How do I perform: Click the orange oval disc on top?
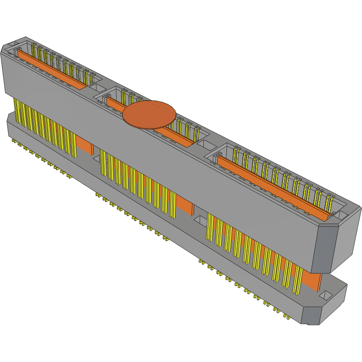point(150,114)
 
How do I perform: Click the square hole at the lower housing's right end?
point(326,296)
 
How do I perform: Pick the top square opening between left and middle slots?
point(96,88)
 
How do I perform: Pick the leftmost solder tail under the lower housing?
point(13,140)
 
